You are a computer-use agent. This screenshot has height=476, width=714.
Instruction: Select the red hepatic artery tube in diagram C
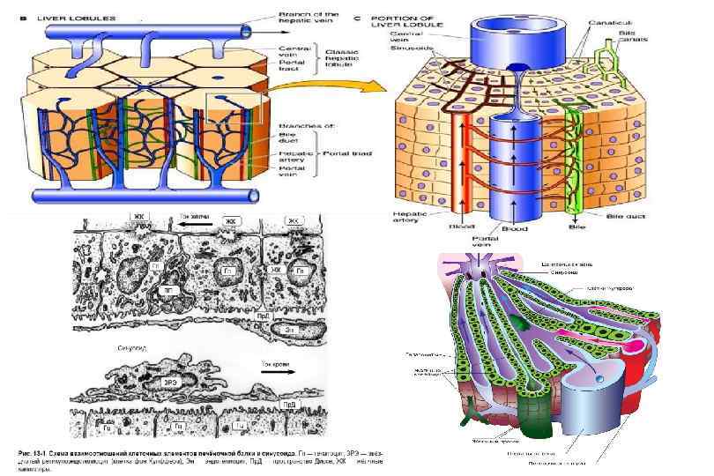tap(462, 159)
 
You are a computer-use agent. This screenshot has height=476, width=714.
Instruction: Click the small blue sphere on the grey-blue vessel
tap(600, 377)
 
